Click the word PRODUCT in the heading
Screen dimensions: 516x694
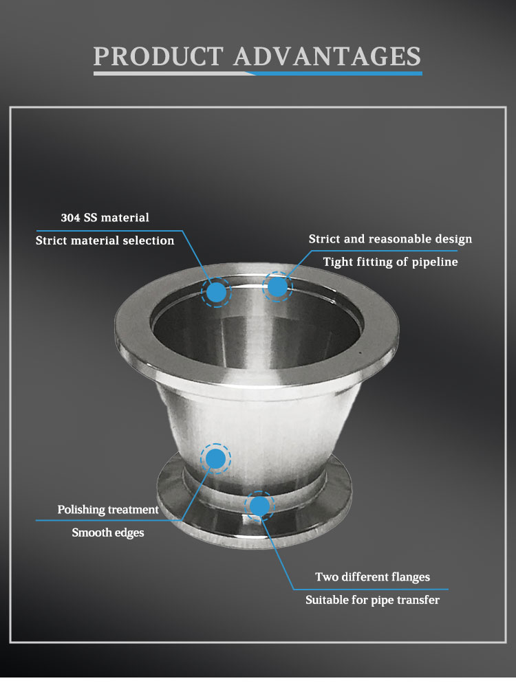[x=158, y=56]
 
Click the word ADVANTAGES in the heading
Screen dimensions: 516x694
[x=327, y=56]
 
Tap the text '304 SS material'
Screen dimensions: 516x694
[x=105, y=218]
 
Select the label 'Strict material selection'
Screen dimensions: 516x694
[x=105, y=240]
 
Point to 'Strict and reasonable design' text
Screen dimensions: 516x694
[x=391, y=239]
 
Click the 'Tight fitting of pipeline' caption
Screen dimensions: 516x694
[x=391, y=262]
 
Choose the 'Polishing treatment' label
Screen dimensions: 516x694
[x=108, y=509]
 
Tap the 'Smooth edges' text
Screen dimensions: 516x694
[x=108, y=533]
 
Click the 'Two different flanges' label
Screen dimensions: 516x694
[x=373, y=577]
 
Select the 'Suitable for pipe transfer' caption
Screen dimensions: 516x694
[x=373, y=600]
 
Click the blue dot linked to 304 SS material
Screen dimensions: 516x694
[x=216, y=292]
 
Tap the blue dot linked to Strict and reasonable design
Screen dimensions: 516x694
[x=277, y=287]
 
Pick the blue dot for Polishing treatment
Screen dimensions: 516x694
[x=215, y=458]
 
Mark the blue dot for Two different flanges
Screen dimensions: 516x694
[x=259, y=506]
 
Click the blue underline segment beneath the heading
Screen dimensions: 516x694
[x=338, y=74]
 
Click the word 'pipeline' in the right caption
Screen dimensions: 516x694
[x=435, y=262]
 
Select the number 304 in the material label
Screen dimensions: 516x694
[x=70, y=218]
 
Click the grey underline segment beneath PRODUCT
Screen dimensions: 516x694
[x=174, y=74]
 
